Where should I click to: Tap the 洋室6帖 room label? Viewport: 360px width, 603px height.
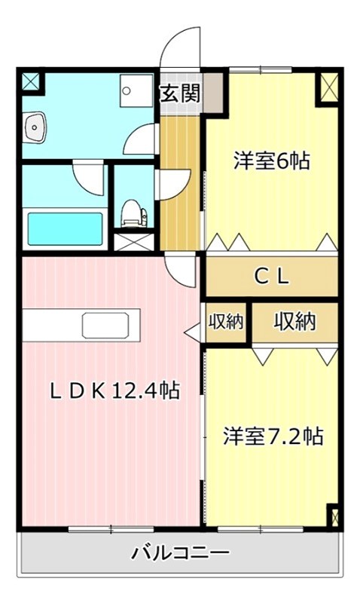[272, 161]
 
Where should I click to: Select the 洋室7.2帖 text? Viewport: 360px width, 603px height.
[273, 436]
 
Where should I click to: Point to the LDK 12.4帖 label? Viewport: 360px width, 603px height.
[114, 390]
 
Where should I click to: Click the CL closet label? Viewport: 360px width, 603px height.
[271, 277]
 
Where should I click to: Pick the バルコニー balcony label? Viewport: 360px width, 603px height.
[181, 554]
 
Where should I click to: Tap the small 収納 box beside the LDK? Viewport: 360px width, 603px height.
[225, 323]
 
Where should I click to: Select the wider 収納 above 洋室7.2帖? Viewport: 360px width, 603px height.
[294, 323]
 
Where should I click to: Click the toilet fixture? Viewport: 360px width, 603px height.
[133, 212]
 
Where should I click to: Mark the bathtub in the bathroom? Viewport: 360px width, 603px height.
[65, 229]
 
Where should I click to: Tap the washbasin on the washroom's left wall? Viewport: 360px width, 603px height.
[33, 128]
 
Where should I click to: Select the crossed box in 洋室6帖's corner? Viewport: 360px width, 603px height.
[328, 87]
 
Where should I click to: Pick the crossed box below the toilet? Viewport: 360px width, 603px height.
[134, 242]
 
